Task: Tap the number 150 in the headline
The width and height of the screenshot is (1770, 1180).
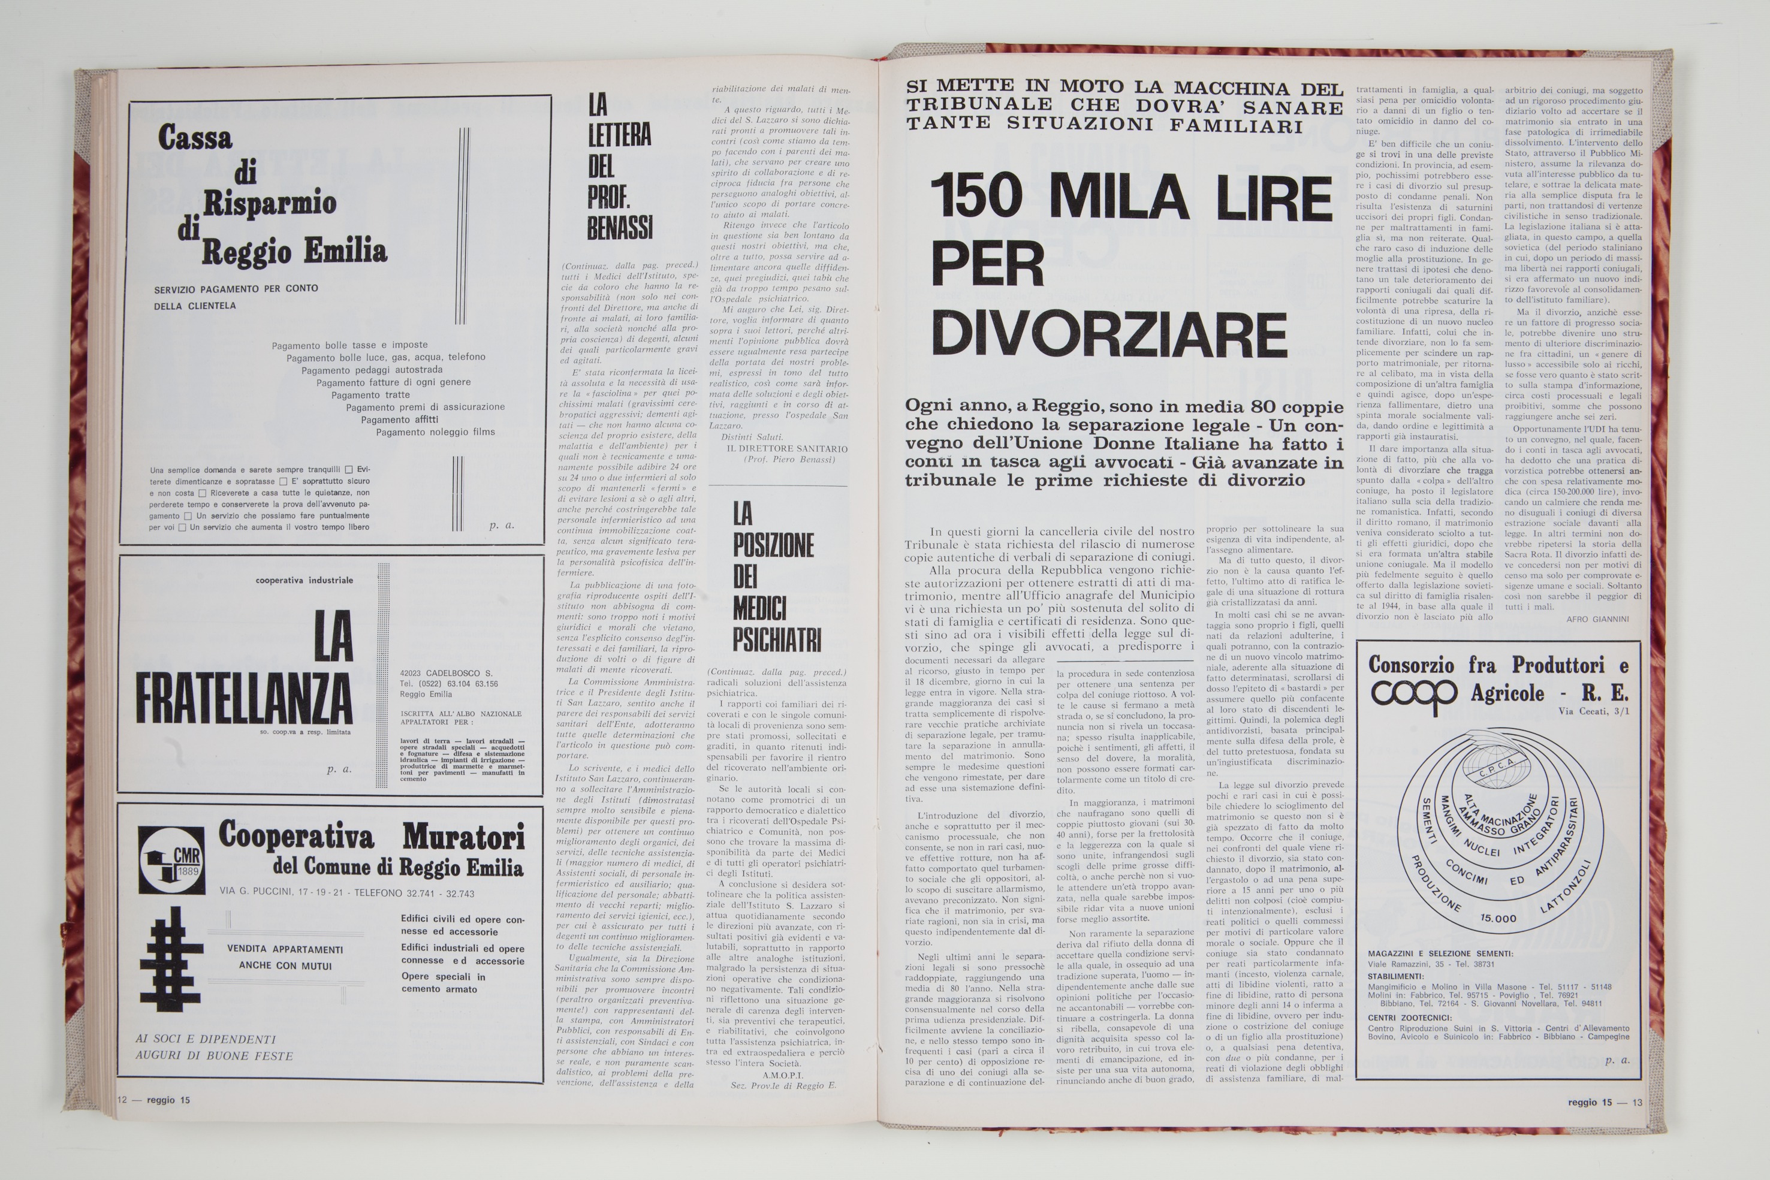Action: pyautogui.click(x=981, y=197)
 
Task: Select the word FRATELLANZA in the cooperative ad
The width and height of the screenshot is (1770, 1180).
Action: pyautogui.click(x=243, y=700)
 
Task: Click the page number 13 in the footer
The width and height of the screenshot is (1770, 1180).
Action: pyautogui.click(x=1637, y=1103)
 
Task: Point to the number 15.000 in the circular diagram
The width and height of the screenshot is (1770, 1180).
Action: pyautogui.click(x=1497, y=918)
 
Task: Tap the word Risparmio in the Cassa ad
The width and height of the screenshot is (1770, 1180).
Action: pyautogui.click(x=269, y=203)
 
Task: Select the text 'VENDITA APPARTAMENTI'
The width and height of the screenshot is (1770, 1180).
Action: pyautogui.click(x=285, y=949)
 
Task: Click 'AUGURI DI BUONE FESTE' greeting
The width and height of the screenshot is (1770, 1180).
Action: pyautogui.click(x=214, y=1055)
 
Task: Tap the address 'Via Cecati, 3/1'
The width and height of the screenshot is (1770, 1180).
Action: pyautogui.click(x=1594, y=711)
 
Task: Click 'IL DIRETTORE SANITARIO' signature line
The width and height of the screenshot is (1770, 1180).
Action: pyautogui.click(x=786, y=448)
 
